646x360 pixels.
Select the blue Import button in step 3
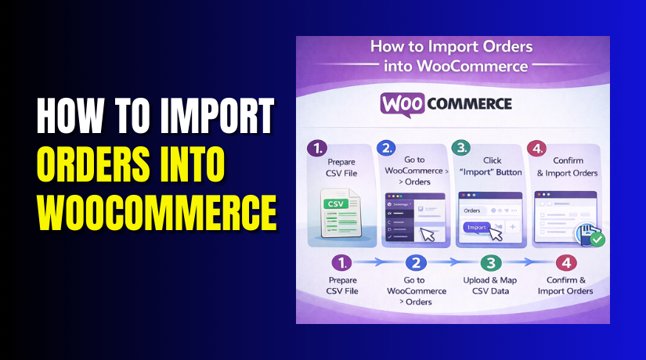click(x=477, y=228)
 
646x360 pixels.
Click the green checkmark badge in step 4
click(x=597, y=238)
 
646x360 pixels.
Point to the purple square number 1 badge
click(x=317, y=149)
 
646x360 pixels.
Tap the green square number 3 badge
click(x=462, y=149)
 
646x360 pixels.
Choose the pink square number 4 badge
click(x=536, y=149)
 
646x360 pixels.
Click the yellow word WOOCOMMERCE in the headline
click(x=157, y=211)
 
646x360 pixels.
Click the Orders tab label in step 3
click(x=472, y=211)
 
